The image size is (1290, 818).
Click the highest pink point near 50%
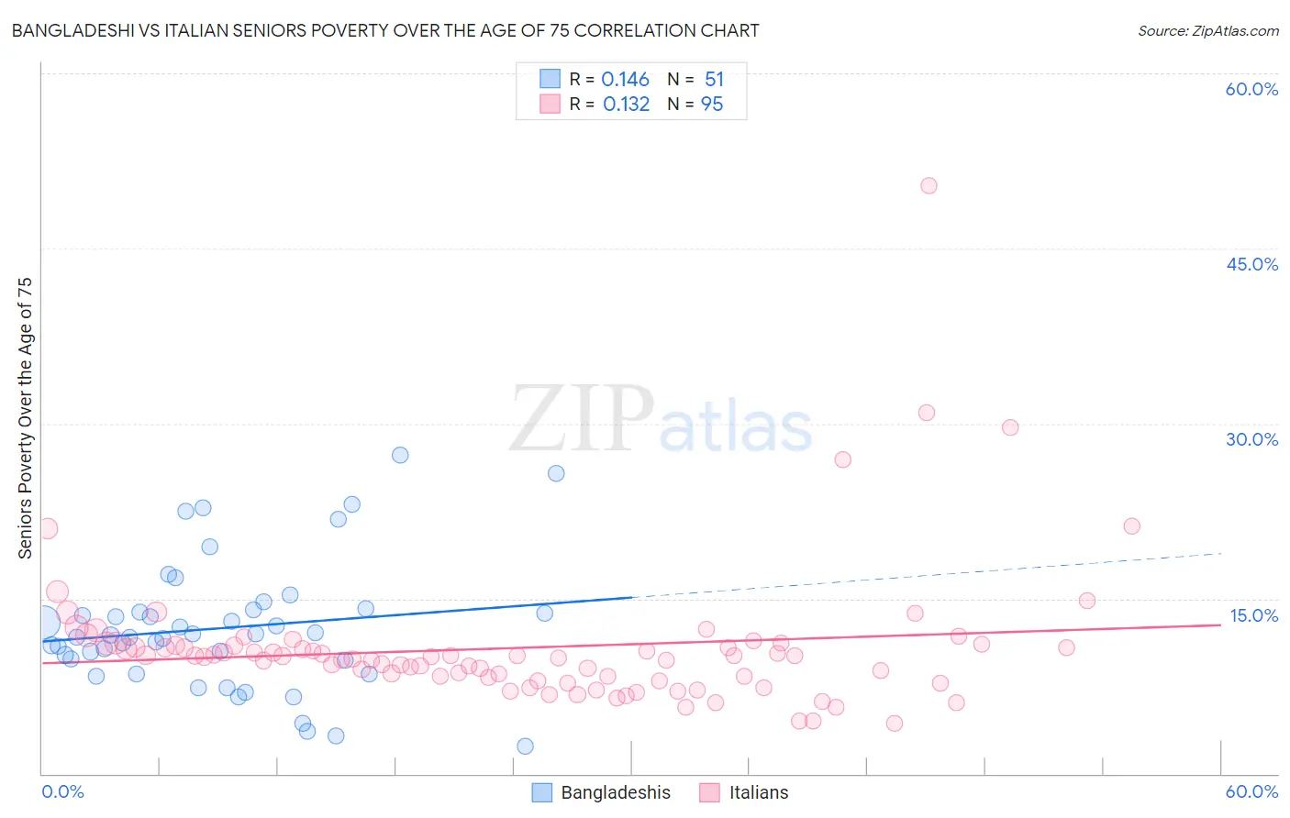pos(929,185)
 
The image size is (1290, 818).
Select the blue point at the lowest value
pos(525,746)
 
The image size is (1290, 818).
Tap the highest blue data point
pos(400,455)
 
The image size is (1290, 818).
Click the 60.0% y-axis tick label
pos(1251,89)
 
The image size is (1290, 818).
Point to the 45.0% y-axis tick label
pos(1251,264)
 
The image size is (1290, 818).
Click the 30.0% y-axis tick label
pos(1251,439)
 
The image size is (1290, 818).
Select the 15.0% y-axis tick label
pos(1253,615)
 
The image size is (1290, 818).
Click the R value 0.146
pos(625,80)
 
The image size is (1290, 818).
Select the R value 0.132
pos(626,105)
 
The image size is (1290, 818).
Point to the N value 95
pos(712,105)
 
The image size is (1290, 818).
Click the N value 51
pos(714,80)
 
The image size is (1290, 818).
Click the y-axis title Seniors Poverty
pos(25,418)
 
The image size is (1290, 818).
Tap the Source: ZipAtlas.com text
pos(1207,31)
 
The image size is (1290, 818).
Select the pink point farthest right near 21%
pos(1131,526)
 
